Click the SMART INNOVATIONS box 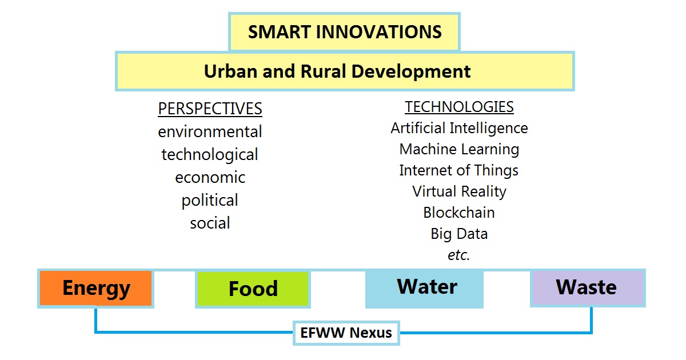344,32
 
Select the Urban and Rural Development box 345,71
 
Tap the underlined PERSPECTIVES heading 210,109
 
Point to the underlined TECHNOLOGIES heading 459,107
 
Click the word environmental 210,131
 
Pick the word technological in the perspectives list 210,155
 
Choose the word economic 210,178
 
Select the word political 210,201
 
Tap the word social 210,223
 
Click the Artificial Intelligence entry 459,128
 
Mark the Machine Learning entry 459,149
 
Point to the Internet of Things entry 459,170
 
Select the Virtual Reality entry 459,191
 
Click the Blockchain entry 459,213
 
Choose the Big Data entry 459,234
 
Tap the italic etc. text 458,255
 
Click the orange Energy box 96,289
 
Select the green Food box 253,289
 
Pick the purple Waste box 588,288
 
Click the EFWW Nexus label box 346,333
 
